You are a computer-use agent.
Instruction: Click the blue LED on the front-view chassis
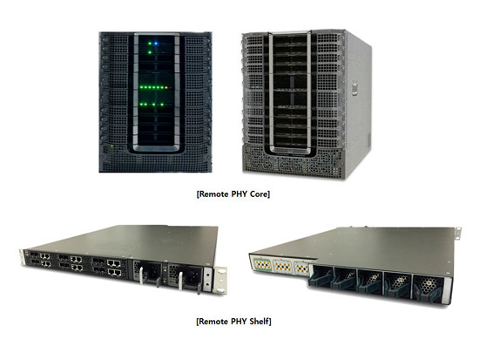156,44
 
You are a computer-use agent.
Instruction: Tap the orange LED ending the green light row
166,87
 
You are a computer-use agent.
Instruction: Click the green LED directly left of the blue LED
150,44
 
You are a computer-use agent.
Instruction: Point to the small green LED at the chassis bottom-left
112,146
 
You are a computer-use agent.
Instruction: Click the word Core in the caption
260,194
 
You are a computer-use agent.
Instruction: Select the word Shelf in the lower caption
260,322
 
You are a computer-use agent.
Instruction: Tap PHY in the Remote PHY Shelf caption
239,322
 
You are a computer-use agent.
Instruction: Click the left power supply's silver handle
141,275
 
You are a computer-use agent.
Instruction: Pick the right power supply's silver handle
180,281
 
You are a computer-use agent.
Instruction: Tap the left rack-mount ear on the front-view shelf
21,257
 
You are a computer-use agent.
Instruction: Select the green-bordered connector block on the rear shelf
262,263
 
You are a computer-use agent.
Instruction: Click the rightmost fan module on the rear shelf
428,288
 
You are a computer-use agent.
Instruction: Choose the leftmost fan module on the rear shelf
320,275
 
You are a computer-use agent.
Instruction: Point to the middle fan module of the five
370,281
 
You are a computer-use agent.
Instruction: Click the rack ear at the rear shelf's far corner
457,233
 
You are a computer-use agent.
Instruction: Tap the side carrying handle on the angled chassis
354,88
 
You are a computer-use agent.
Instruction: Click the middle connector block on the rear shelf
282,266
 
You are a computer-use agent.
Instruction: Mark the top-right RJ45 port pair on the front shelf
113,263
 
